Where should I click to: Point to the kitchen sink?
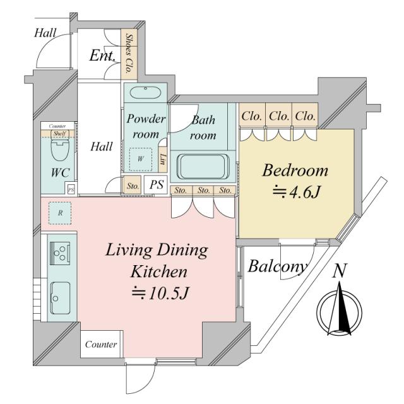61,293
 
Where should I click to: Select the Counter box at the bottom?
101,345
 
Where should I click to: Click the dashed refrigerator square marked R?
60,213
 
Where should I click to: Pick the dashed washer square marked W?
140,158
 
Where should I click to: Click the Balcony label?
278,266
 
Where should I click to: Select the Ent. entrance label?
102,56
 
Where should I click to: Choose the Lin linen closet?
163,158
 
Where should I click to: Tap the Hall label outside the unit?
45,32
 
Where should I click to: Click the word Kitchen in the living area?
159,272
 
